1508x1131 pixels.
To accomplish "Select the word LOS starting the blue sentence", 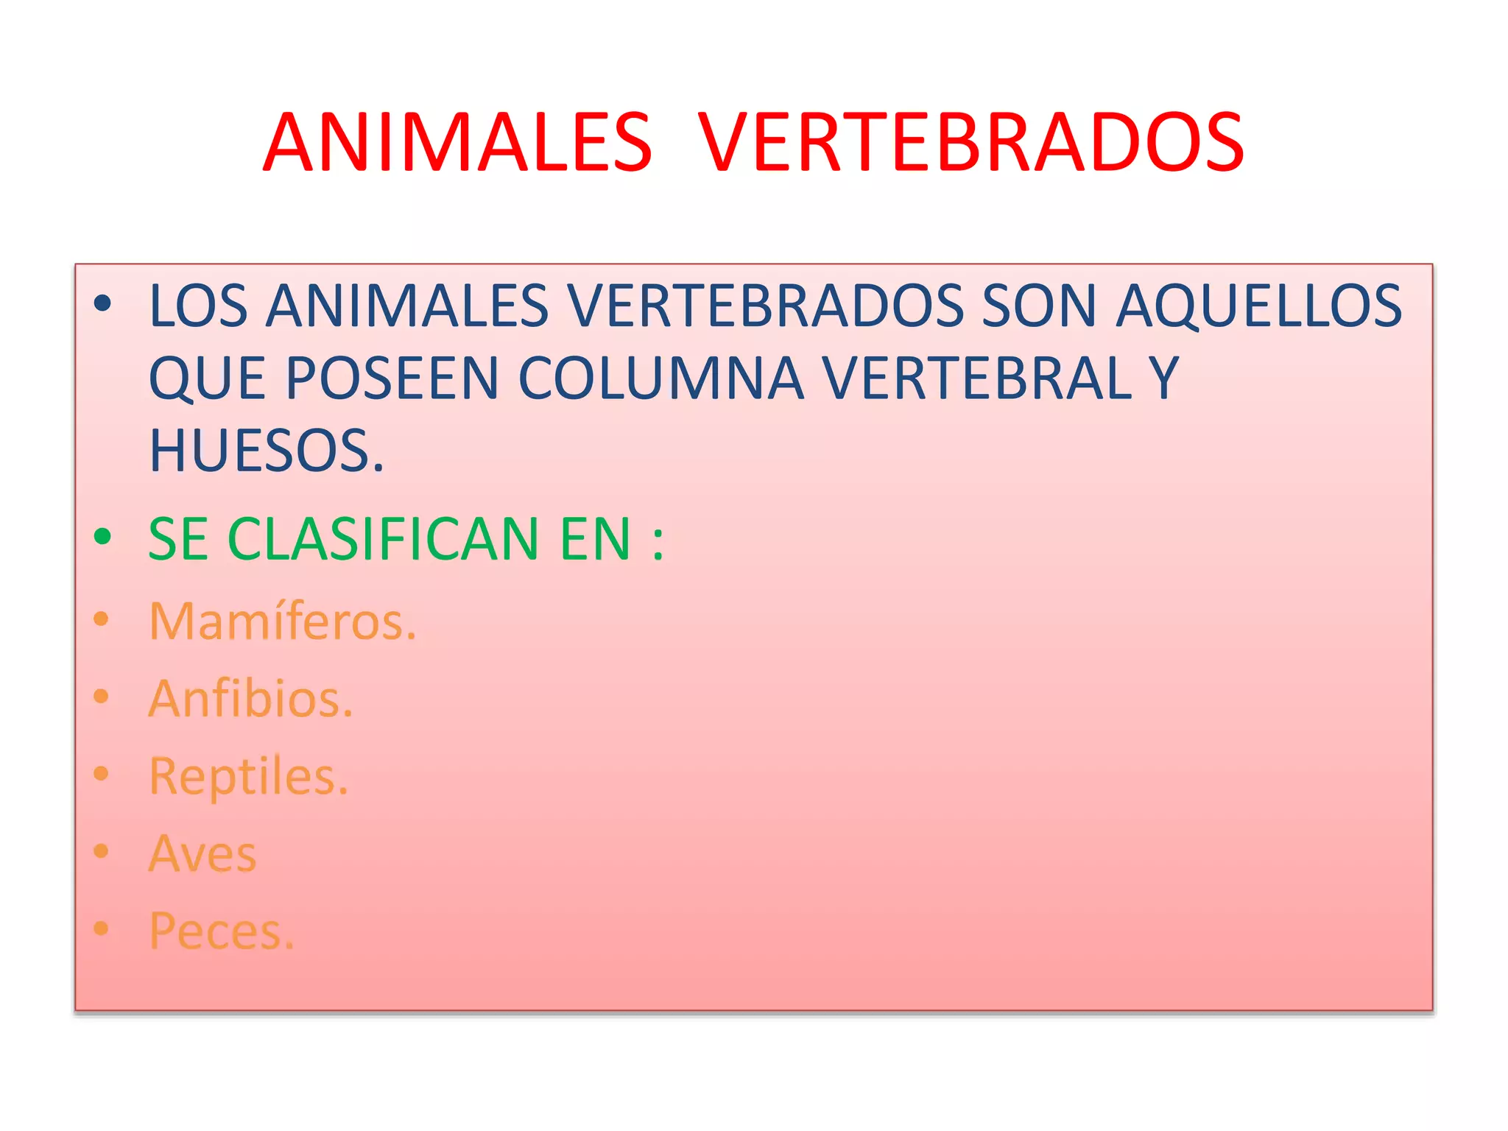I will click(x=198, y=306).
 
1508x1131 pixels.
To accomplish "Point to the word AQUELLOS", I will click(x=1258, y=306).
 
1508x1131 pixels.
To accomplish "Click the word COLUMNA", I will click(x=660, y=378).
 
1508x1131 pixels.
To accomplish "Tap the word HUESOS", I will click(x=266, y=451).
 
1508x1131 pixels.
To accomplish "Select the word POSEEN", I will click(x=392, y=378).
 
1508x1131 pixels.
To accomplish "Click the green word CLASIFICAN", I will click(x=384, y=539).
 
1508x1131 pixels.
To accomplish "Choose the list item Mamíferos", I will click(x=282, y=621).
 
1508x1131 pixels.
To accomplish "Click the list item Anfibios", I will click(x=250, y=699).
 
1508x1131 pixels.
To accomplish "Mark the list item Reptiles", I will click(x=248, y=776).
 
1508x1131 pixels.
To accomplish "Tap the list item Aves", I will click(x=202, y=854).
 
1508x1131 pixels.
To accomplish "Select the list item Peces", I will click(x=221, y=931).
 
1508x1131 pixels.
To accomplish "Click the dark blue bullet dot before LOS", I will click(x=102, y=303).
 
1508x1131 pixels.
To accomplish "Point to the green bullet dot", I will click(x=102, y=537).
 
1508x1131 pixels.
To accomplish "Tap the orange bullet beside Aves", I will click(x=102, y=851).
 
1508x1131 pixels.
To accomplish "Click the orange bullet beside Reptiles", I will click(x=102, y=774).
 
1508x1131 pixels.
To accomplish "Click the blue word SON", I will click(x=1039, y=306).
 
